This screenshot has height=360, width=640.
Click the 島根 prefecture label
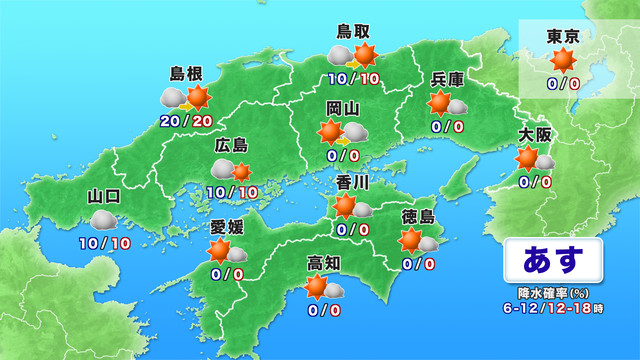coord(187,74)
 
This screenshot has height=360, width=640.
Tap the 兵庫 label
coord(446,79)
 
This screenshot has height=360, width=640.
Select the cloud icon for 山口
coord(103,219)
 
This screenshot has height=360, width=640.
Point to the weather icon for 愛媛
coord(227,251)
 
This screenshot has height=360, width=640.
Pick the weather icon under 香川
coord(353,207)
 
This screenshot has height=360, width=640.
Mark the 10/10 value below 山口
coord(103,242)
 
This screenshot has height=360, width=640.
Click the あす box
coord(552,260)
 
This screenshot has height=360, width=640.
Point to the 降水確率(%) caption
coord(553,293)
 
